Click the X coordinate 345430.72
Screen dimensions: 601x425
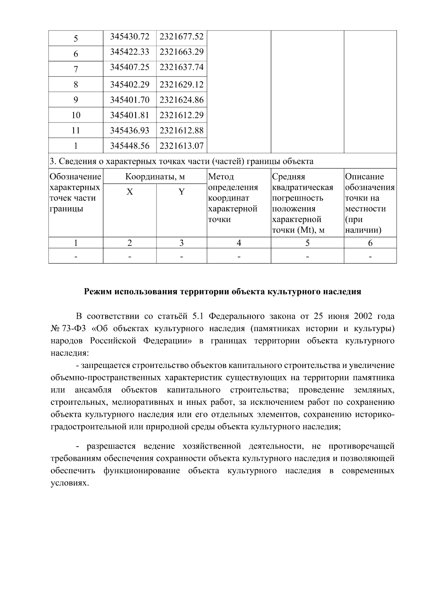pyautogui.click(x=130, y=36)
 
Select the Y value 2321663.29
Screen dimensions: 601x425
pyautogui.click(x=181, y=52)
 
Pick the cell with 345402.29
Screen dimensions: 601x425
pyautogui.click(x=130, y=85)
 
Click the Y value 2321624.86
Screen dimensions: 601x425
pyautogui.click(x=181, y=100)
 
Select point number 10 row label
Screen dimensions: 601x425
pyautogui.click(x=76, y=115)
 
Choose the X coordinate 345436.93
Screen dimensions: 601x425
pyautogui.click(x=130, y=130)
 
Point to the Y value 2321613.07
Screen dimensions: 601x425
pyautogui.click(x=181, y=146)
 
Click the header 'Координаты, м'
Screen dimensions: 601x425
pyautogui.click(x=155, y=176)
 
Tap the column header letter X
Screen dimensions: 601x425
pyautogui.click(x=130, y=192)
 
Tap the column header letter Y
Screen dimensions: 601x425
pyautogui.click(x=181, y=192)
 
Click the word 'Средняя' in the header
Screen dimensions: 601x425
pyautogui.click(x=288, y=176)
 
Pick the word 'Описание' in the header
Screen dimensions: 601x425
pyautogui.click(x=364, y=176)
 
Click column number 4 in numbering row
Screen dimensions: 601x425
pyautogui.click(x=239, y=243)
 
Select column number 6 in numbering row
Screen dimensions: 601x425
pyautogui.click(x=370, y=243)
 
